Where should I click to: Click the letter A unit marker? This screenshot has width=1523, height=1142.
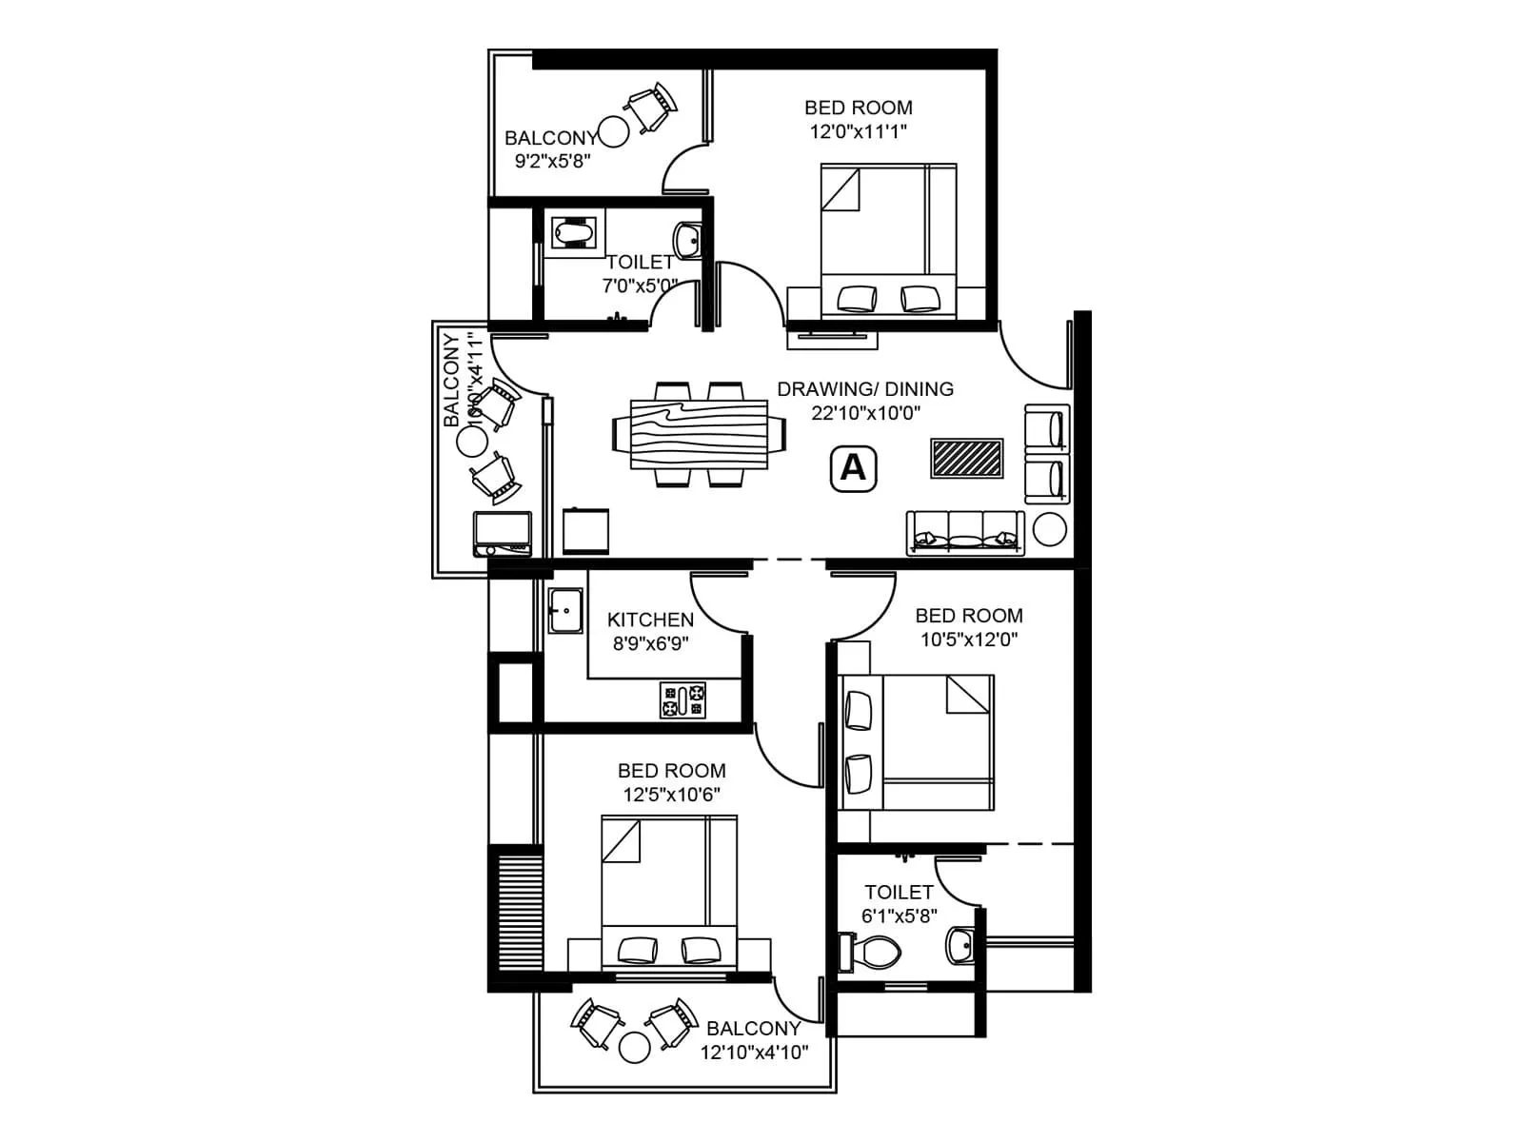click(x=854, y=468)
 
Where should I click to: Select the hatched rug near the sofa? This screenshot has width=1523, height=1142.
click(x=967, y=458)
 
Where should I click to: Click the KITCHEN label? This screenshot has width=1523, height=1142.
click(x=650, y=620)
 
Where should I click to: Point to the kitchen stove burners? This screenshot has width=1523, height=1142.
click(x=683, y=700)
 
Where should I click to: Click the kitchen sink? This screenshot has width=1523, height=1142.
click(x=565, y=609)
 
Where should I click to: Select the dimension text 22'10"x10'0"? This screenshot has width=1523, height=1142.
click(x=865, y=413)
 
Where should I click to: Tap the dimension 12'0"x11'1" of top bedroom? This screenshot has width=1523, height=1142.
click(x=858, y=132)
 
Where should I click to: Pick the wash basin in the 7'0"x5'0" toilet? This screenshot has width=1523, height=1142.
click(x=688, y=239)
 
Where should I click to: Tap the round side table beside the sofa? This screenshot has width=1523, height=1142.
click(x=1050, y=529)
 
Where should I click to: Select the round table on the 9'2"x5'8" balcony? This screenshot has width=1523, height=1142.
click(x=613, y=131)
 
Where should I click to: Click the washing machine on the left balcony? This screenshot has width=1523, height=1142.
click(x=503, y=534)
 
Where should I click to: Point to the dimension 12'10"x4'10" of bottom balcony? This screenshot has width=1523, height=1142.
click(x=754, y=1053)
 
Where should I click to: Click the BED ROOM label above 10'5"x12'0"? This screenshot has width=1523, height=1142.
click(x=969, y=616)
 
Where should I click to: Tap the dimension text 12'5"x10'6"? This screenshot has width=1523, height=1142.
click(x=671, y=795)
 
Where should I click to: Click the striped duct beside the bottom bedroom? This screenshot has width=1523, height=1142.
click(x=515, y=912)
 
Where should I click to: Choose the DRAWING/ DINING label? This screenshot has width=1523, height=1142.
click(x=865, y=388)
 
